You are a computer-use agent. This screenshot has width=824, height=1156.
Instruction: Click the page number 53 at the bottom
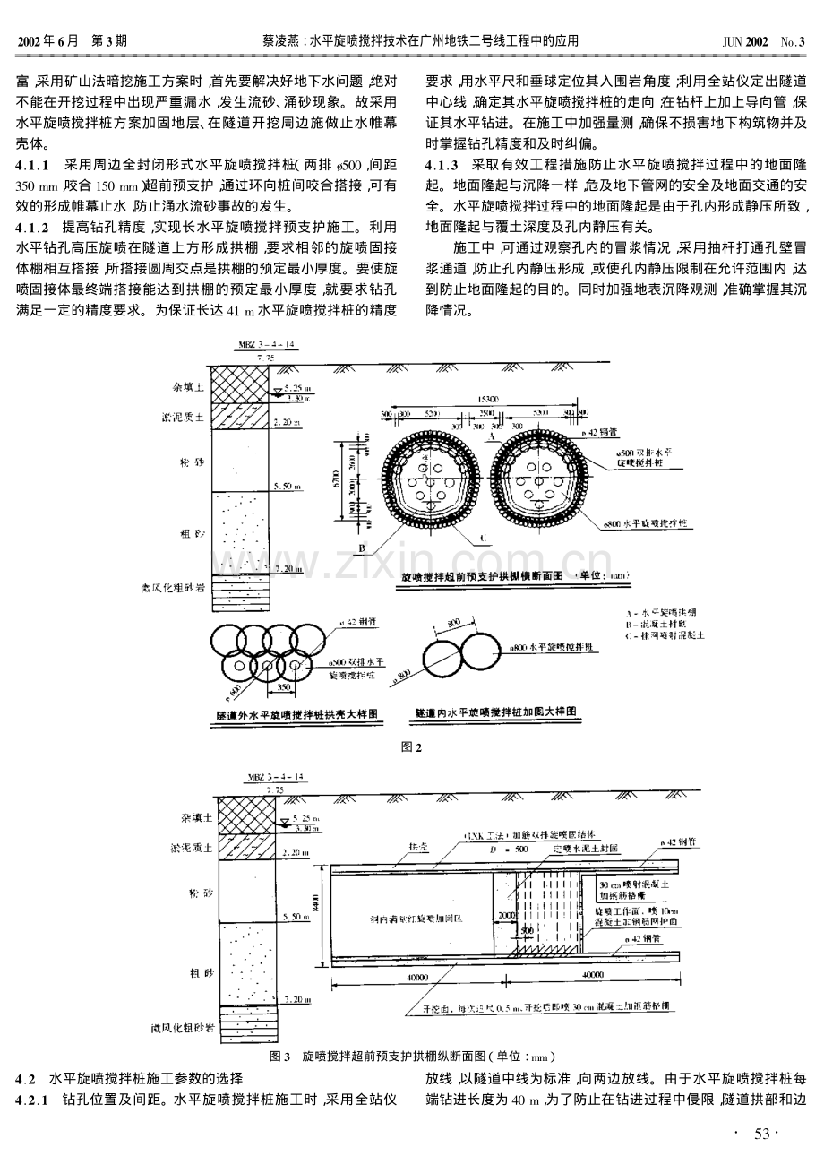click(x=761, y=1134)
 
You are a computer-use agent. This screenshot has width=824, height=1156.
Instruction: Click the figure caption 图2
click(x=412, y=746)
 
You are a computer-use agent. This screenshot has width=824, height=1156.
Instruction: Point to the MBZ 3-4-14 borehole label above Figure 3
click(x=267, y=777)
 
